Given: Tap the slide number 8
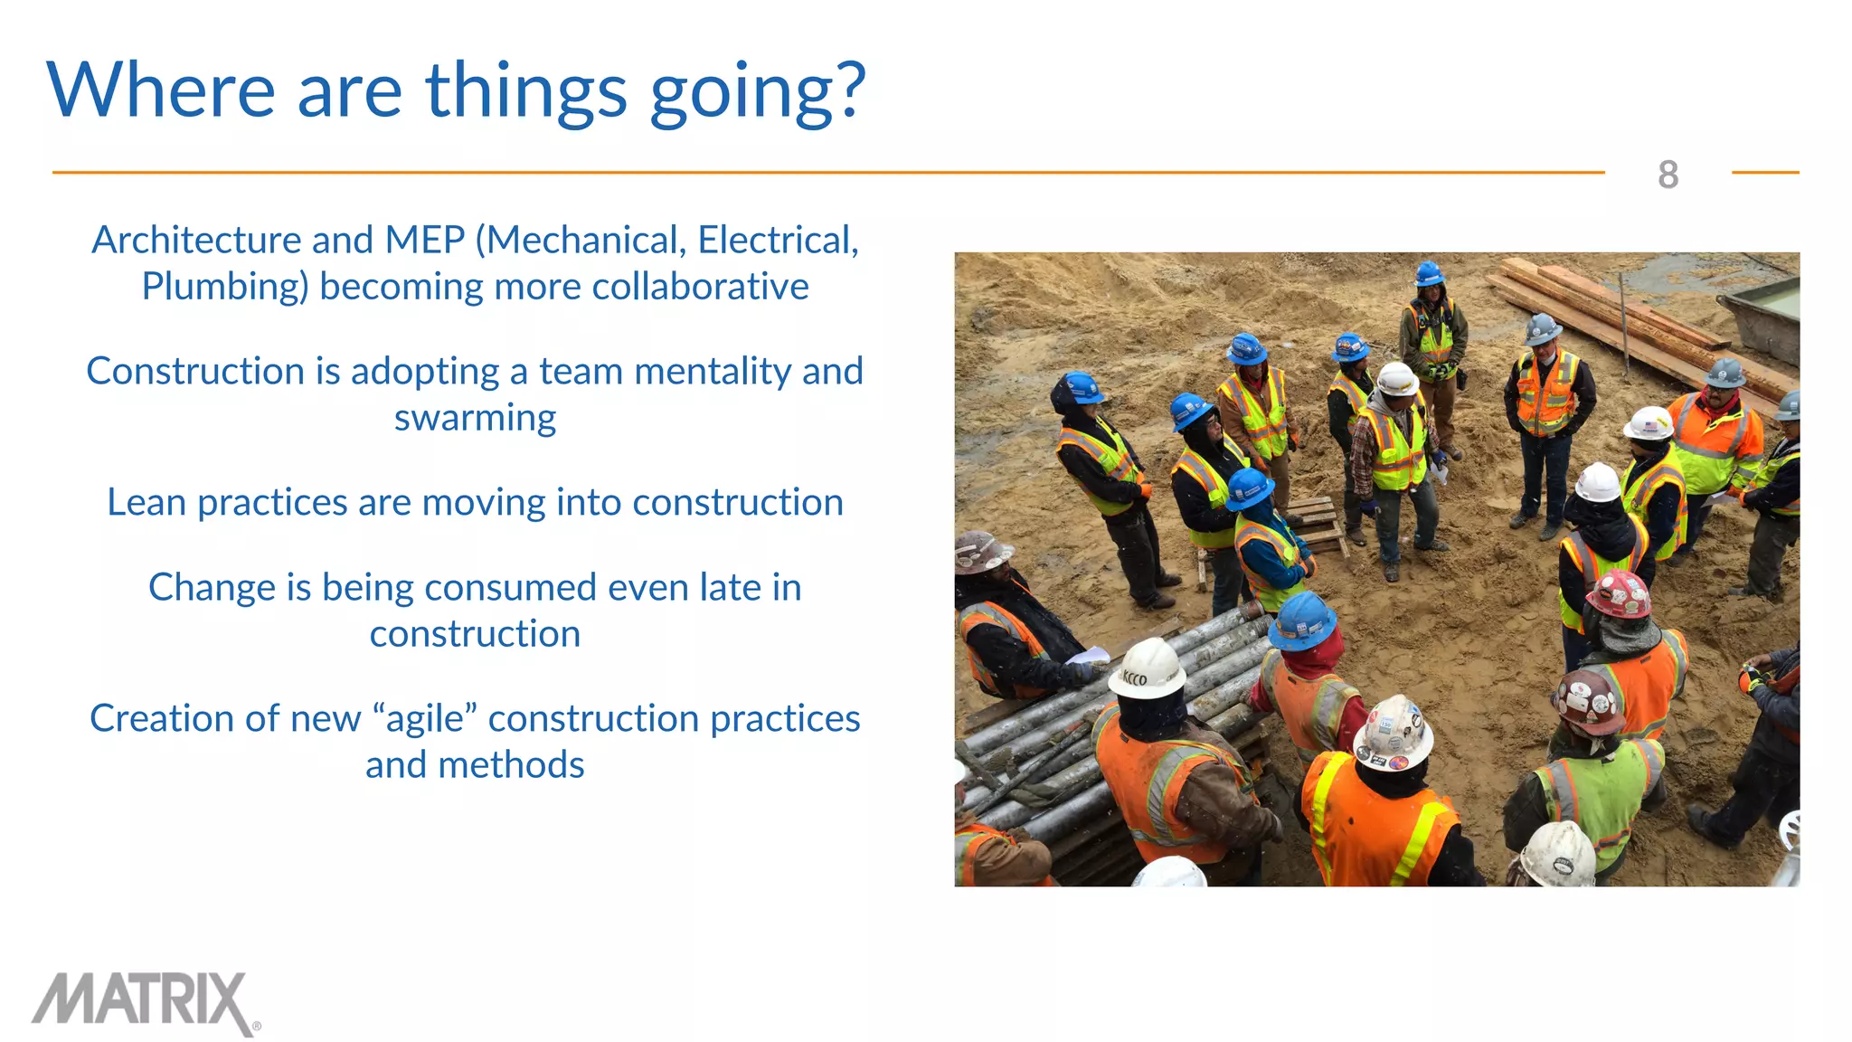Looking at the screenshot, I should click(x=1668, y=175).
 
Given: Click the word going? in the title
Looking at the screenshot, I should click(x=757, y=92).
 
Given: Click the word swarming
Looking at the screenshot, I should click(x=475, y=418).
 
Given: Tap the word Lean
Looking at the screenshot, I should click(x=146, y=502).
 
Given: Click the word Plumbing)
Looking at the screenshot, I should click(x=225, y=287).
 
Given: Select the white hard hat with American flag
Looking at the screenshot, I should click(x=1648, y=422).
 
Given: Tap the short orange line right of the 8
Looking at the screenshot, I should click(x=1764, y=172).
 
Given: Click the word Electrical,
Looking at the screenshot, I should click(x=777, y=240).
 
